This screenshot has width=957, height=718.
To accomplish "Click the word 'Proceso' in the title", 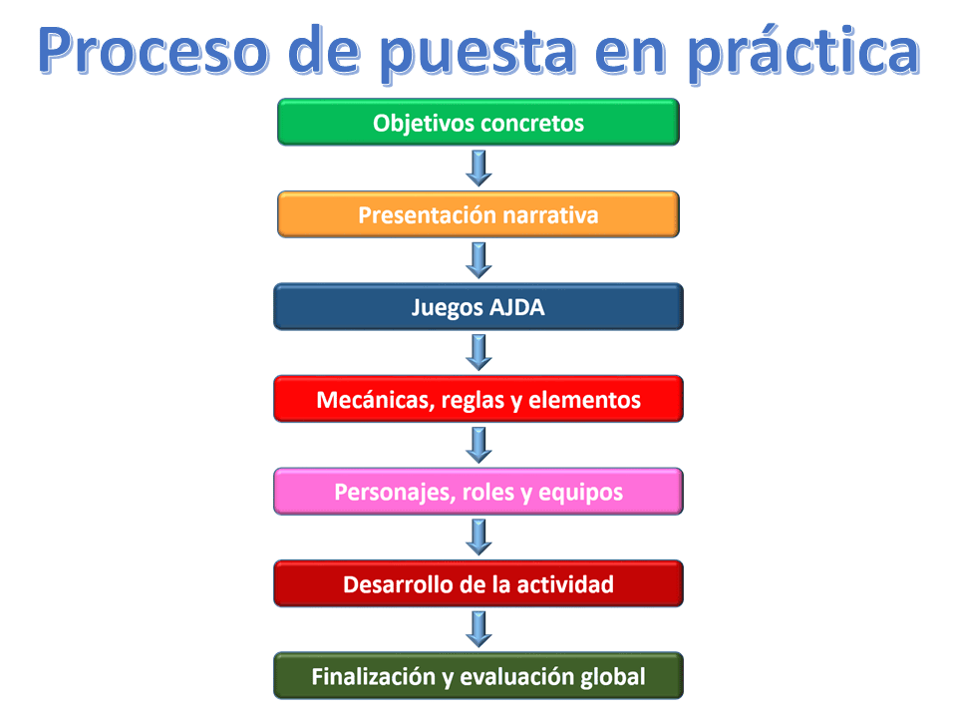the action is (x=154, y=51).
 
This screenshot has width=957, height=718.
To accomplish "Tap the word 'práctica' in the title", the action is (x=803, y=52).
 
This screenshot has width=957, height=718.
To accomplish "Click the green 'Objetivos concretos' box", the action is (x=478, y=122).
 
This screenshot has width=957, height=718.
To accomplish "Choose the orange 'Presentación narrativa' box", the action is (x=478, y=214).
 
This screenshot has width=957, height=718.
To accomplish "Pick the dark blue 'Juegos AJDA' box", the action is (x=478, y=306).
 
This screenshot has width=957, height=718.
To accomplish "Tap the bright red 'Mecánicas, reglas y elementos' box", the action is (x=478, y=399).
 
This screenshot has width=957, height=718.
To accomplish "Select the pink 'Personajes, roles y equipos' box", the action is (x=478, y=492).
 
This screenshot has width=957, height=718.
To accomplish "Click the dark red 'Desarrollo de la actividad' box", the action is (x=478, y=583).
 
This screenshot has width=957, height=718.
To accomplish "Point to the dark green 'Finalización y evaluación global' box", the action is (x=478, y=676).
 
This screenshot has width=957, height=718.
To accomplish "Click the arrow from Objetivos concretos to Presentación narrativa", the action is (x=479, y=168).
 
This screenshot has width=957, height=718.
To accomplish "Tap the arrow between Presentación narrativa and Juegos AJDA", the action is (x=479, y=260).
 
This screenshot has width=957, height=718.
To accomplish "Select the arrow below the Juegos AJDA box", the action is (x=479, y=352).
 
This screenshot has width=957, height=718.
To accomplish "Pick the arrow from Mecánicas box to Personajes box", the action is (x=479, y=445).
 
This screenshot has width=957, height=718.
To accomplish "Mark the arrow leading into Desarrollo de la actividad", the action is (x=479, y=538).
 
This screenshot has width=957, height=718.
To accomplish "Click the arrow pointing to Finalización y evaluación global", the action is (x=479, y=629).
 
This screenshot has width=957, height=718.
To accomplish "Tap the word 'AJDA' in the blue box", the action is (x=517, y=307).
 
